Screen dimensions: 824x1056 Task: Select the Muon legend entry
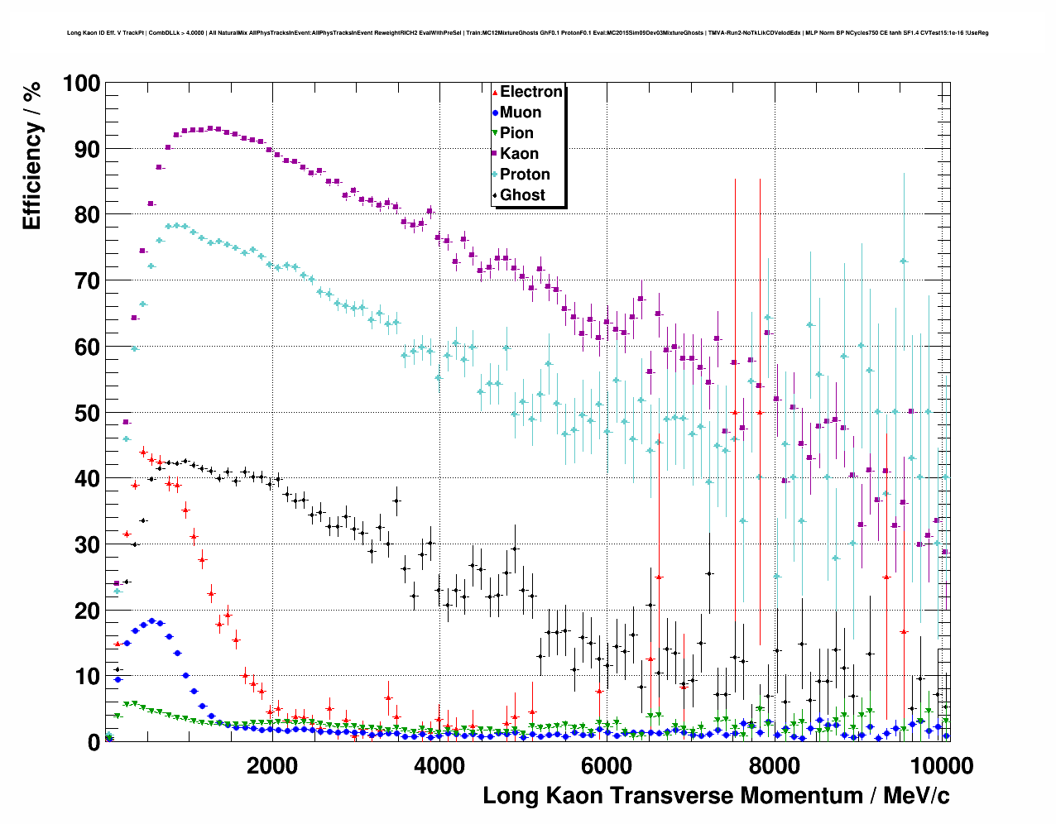(520, 113)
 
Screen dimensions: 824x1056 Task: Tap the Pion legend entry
(516, 133)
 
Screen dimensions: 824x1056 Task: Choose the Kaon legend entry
(519, 154)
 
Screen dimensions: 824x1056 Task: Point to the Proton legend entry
(525, 175)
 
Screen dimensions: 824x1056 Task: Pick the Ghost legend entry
(522, 195)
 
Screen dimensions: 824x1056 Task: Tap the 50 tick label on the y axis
(87, 413)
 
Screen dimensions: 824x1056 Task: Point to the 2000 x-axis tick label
(271, 765)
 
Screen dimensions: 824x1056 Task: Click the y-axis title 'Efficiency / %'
(31, 156)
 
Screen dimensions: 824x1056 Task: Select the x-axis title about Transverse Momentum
(716, 796)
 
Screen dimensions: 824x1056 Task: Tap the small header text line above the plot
(527, 33)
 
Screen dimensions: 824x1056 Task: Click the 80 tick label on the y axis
(87, 215)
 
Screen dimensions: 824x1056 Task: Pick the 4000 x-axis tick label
(439, 765)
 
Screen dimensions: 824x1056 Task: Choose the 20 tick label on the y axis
(87, 611)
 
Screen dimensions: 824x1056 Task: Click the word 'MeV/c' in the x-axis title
(916, 796)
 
